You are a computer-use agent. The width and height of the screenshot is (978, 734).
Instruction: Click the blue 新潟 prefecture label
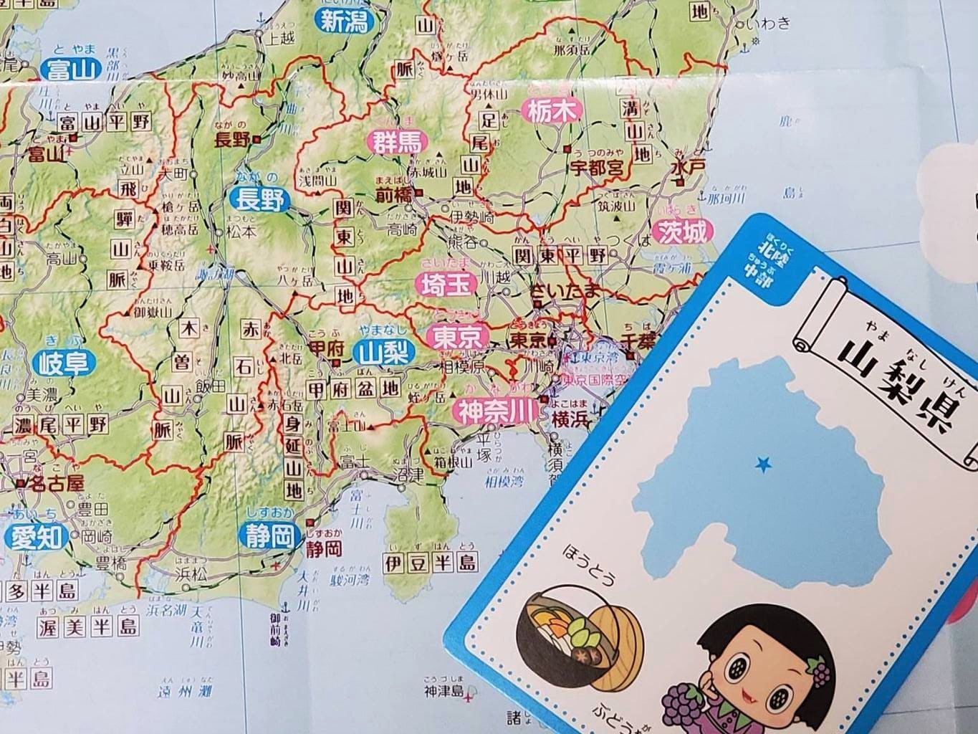[x=343, y=22]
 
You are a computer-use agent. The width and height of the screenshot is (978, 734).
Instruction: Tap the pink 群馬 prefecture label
[x=395, y=141]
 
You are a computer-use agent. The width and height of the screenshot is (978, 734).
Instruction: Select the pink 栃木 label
[x=552, y=110]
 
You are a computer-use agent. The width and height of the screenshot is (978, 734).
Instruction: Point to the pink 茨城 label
[x=684, y=231]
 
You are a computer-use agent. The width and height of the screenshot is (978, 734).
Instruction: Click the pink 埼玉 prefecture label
[x=445, y=285]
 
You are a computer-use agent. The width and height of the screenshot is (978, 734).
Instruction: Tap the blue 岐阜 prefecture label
[x=64, y=363]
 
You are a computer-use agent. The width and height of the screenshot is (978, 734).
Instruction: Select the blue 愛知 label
[x=36, y=537]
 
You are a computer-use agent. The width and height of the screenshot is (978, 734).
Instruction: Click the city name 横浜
[x=570, y=419]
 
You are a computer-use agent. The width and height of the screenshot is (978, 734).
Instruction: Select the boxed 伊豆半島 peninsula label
[x=430, y=561]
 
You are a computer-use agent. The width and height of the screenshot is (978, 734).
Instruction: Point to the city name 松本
[x=241, y=232]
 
